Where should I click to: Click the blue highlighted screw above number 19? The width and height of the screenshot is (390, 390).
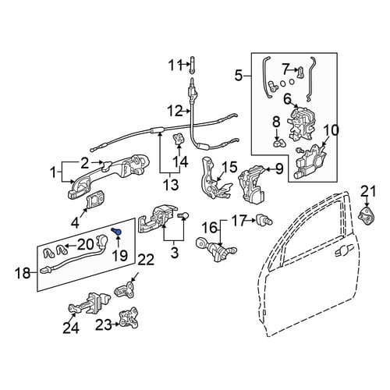pos(117,232)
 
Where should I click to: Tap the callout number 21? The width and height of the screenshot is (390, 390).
pos(368,192)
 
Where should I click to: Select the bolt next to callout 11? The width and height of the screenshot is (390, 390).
pos(193,65)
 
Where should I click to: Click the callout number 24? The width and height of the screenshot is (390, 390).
pos(71,328)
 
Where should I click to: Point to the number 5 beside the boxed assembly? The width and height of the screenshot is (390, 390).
pos(239,76)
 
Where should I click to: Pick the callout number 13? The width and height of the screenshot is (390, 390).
pos(172,185)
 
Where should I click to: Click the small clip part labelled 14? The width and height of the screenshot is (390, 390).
pos(179,139)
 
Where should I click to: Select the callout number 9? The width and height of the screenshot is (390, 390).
pos(278,169)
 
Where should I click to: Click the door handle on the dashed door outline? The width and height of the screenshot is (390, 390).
pos(342,251)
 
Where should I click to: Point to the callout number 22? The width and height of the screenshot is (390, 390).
pos(146,261)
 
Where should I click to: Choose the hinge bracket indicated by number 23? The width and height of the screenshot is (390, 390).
pos(128,317)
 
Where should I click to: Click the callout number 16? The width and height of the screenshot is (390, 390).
pos(211,229)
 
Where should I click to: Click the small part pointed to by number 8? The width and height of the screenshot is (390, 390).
pos(279,143)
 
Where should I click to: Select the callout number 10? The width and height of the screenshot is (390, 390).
pos(331,131)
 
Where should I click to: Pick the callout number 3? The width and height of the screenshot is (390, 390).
pos(175,252)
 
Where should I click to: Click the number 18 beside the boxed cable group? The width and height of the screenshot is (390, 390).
pos(23,273)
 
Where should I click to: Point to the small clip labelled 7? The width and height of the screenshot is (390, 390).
pos(300,72)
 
